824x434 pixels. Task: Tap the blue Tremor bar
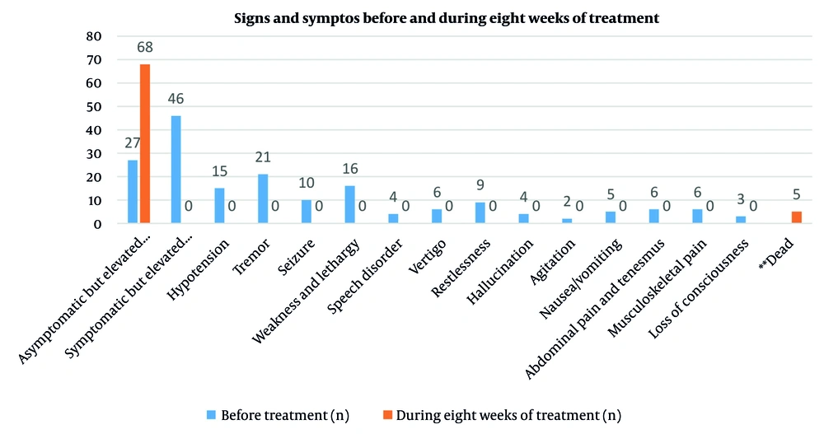coord(263,198)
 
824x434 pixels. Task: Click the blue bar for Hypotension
coord(219,205)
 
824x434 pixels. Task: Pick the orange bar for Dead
coord(796,217)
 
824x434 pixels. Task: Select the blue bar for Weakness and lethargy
coord(349,204)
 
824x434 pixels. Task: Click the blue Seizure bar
coord(307,212)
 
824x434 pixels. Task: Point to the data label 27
coord(133,142)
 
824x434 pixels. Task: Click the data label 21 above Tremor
coord(263,156)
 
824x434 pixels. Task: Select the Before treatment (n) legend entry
coord(274,416)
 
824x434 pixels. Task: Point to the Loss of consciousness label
coord(700,281)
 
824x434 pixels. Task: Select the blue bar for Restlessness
coord(480,212)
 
